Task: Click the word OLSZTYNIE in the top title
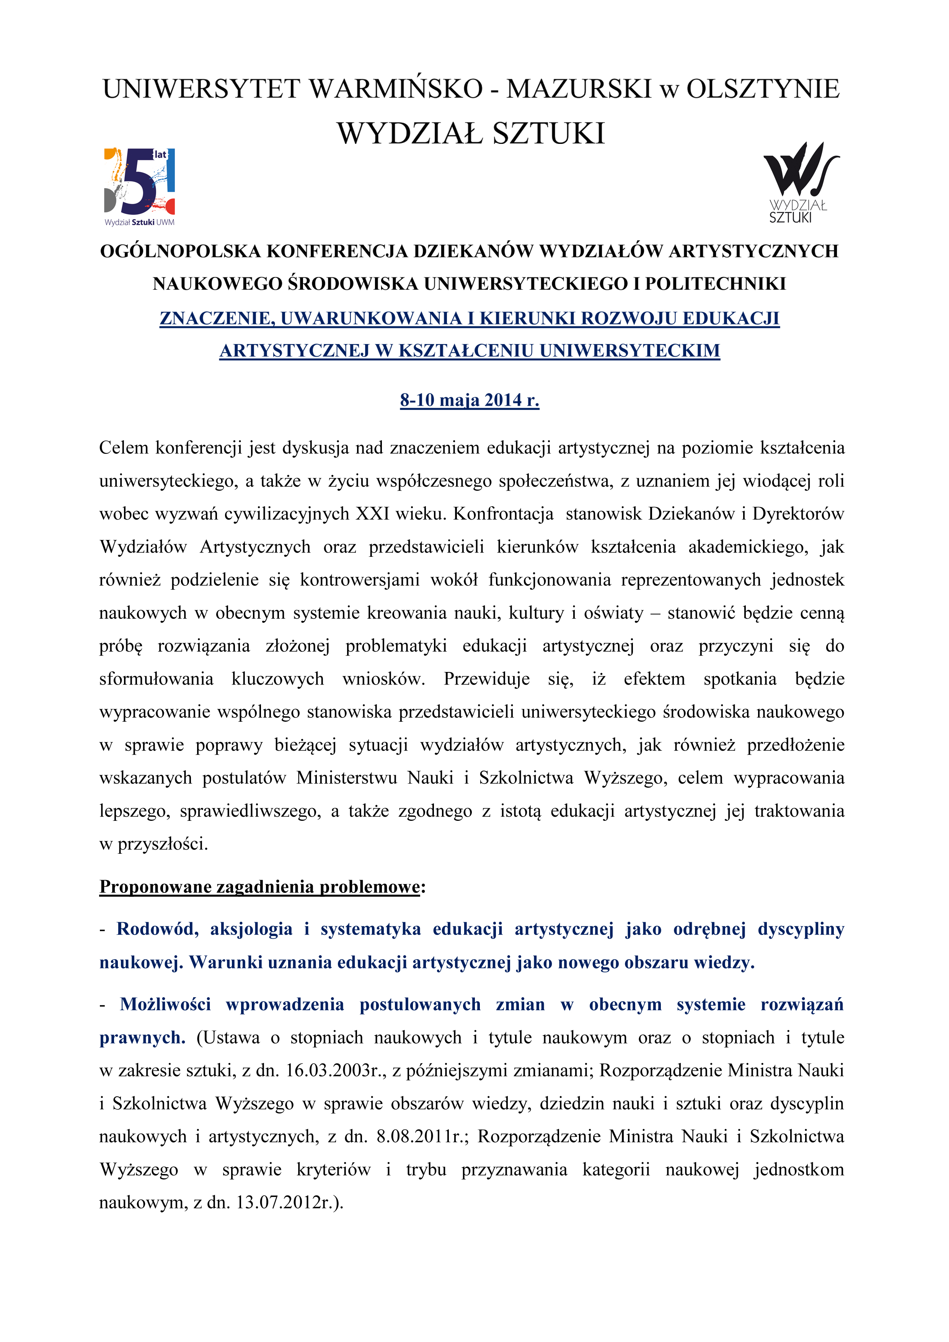(763, 89)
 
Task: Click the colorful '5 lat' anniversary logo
(140, 182)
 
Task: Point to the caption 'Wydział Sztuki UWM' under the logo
(140, 222)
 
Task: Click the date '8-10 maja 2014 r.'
(469, 400)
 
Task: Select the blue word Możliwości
(165, 1005)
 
